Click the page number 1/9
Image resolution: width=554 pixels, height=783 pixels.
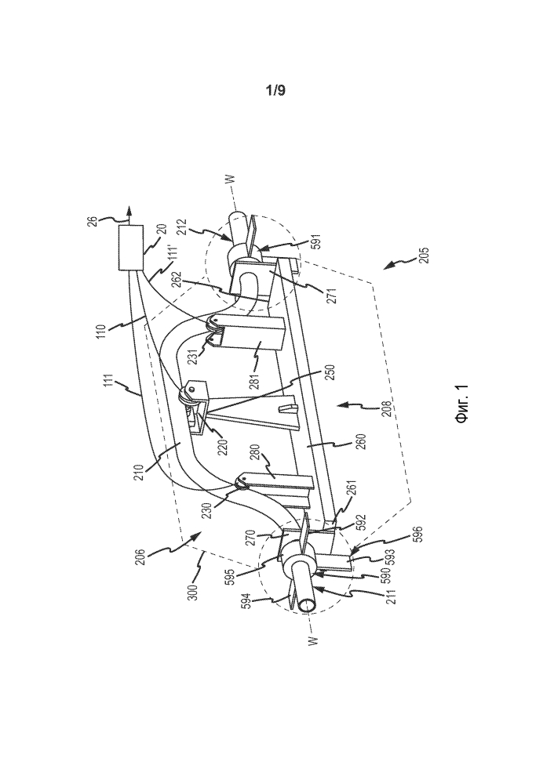tap(276, 90)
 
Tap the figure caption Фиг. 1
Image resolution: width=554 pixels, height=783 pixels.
tap(461, 404)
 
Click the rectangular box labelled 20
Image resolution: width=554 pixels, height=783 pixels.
tap(131, 248)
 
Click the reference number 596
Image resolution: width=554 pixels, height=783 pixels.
tap(418, 535)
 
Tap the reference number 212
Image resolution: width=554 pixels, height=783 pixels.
tap(182, 228)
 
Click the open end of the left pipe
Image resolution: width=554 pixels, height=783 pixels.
tap(305, 605)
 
